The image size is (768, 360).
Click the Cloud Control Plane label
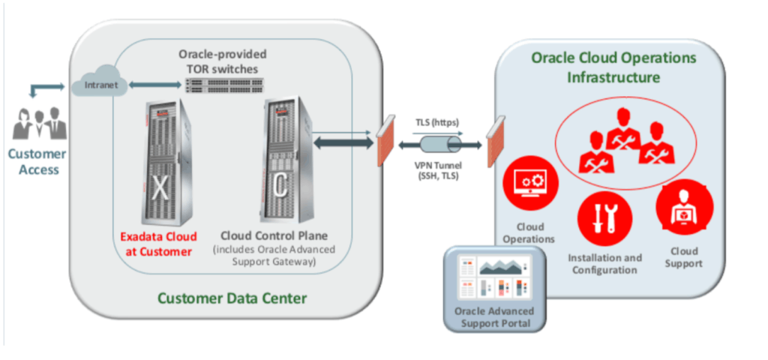pos(274,234)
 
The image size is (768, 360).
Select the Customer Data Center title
pos(232,298)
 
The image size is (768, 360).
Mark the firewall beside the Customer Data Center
pos(385,141)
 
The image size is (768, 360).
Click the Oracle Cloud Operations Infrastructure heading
pos(613,67)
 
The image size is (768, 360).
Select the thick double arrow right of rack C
pos(342,142)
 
